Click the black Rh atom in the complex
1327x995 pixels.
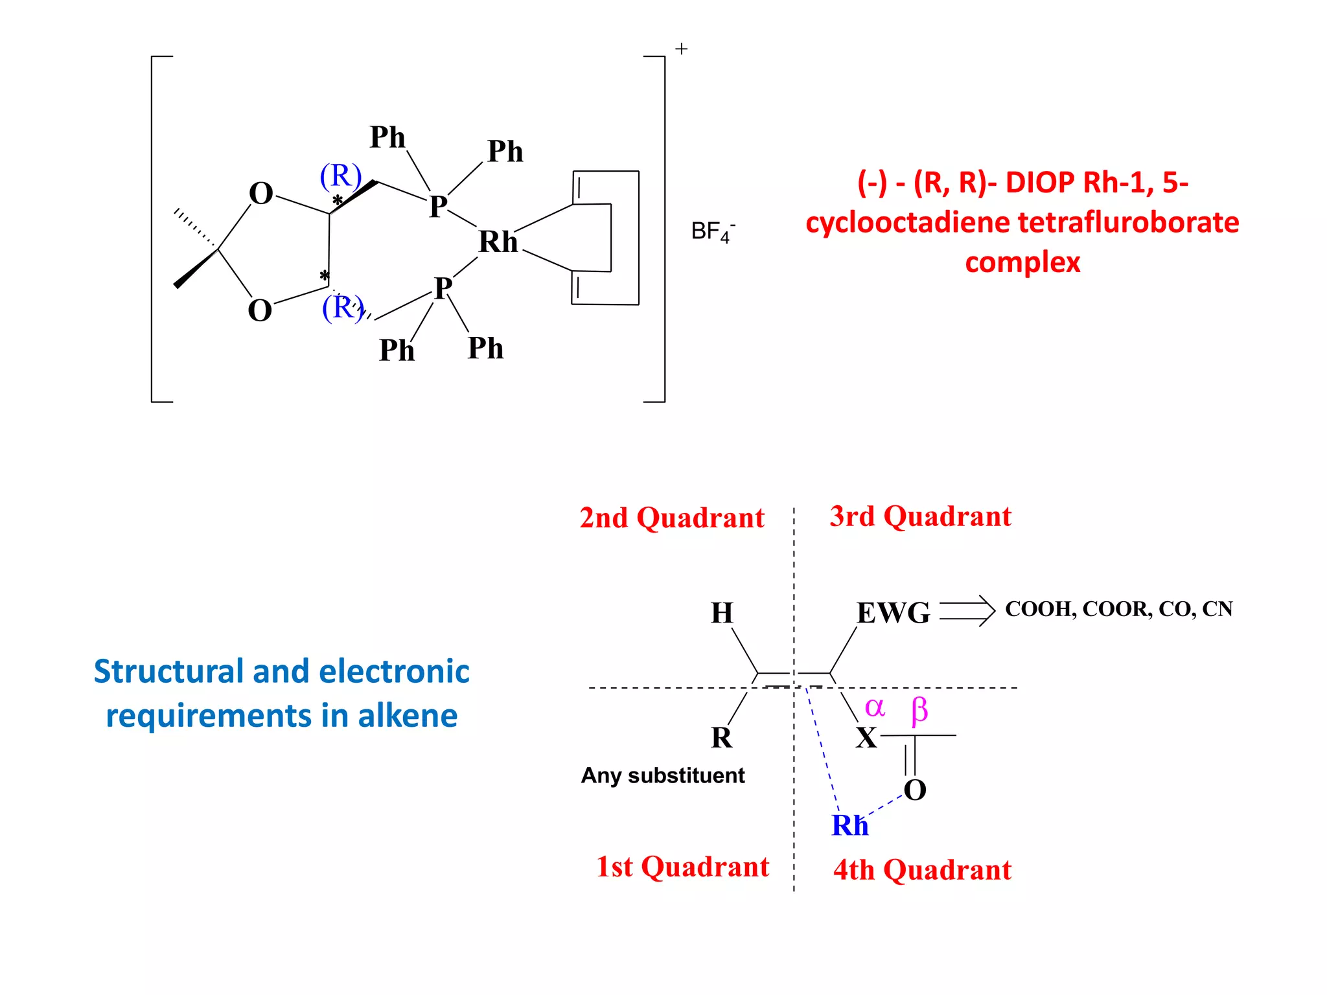click(x=498, y=242)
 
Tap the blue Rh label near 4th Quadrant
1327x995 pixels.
click(x=849, y=825)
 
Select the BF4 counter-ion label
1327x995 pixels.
click(x=711, y=231)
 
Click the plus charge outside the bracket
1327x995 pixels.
click(x=681, y=49)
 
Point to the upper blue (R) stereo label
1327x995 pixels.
click(x=340, y=176)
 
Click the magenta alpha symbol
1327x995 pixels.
click(x=875, y=707)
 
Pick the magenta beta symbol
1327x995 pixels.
click(x=919, y=710)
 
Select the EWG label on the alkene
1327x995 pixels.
click(x=893, y=612)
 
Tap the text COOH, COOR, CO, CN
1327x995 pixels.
click(x=1118, y=609)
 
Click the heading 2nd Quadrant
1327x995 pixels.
click(x=672, y=518)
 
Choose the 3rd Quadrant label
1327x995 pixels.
click(x=920, y=516)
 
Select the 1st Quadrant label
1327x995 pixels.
click(x=682, y=867)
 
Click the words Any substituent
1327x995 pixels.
click(x=662, y=775)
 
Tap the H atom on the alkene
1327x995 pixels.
click(x=722, y=612)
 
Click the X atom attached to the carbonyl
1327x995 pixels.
click(x=866, y=738)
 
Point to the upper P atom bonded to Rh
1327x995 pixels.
click(x=438, y=206)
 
